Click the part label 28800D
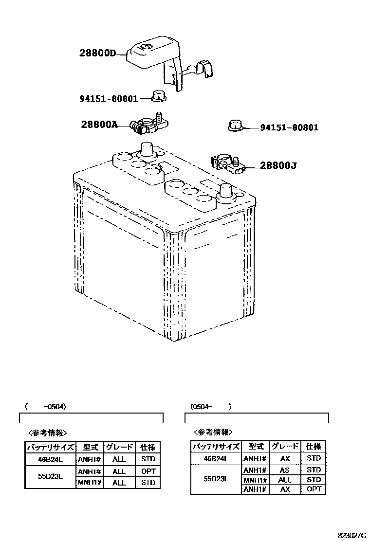[x=97, y=53]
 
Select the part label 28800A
[x=99, y=125]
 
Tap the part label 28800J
[x=278, y=165]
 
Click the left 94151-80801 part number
[x=109, y=98]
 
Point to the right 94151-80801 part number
[x=289, y=127]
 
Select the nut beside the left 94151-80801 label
[x=158, y=96]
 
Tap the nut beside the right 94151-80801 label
[x=235, y=126]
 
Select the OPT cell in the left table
[x=148, y=471]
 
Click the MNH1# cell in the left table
[x=89, y=483]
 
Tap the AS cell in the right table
[x=284, y=470]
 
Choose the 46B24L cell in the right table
[x=216, y=458]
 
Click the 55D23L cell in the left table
[x=50, y=477]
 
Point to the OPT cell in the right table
[x=314, y=489]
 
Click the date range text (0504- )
[x=210, y=406]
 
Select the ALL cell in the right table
[x=284, y=480]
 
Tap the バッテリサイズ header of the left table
[x=50, y=447]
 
